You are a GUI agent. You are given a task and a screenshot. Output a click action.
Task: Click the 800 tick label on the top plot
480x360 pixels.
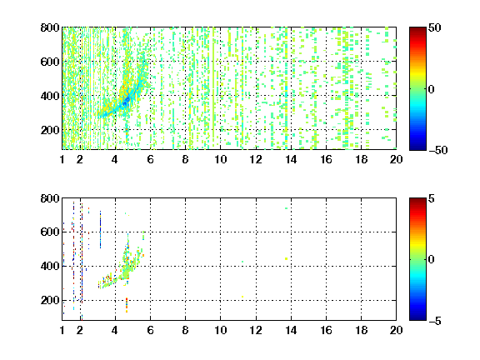50,27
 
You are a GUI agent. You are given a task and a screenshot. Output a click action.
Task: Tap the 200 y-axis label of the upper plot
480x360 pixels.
50,130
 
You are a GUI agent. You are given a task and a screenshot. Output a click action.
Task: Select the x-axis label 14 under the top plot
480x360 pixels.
291,159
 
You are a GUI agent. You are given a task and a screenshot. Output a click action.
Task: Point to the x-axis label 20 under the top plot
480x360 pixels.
396,159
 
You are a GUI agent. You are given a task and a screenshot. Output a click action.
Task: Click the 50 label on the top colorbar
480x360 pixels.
435,27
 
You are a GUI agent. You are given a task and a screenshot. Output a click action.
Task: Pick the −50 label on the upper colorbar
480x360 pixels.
438,150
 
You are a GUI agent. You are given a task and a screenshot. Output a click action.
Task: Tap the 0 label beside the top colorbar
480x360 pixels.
432,89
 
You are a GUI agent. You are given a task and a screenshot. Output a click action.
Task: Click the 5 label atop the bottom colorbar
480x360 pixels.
432,198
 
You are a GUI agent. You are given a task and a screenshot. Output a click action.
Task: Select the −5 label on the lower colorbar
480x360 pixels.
435,321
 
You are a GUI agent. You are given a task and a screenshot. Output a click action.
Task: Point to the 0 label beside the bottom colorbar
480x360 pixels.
432,260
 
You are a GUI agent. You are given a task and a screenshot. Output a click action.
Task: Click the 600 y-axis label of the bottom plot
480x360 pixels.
50,232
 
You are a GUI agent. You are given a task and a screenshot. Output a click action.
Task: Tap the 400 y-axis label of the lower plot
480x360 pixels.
50,266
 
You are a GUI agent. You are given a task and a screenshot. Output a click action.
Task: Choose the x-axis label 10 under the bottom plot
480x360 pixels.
220,330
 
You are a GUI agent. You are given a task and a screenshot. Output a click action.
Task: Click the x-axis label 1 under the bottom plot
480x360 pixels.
62,330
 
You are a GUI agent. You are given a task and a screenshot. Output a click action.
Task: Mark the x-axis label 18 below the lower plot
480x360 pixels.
361,330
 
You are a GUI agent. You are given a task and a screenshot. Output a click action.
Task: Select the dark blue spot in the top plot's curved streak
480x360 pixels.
125,102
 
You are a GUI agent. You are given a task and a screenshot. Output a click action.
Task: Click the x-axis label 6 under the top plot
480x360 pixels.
150,159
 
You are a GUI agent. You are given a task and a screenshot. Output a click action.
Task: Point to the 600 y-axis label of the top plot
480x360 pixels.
50,62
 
